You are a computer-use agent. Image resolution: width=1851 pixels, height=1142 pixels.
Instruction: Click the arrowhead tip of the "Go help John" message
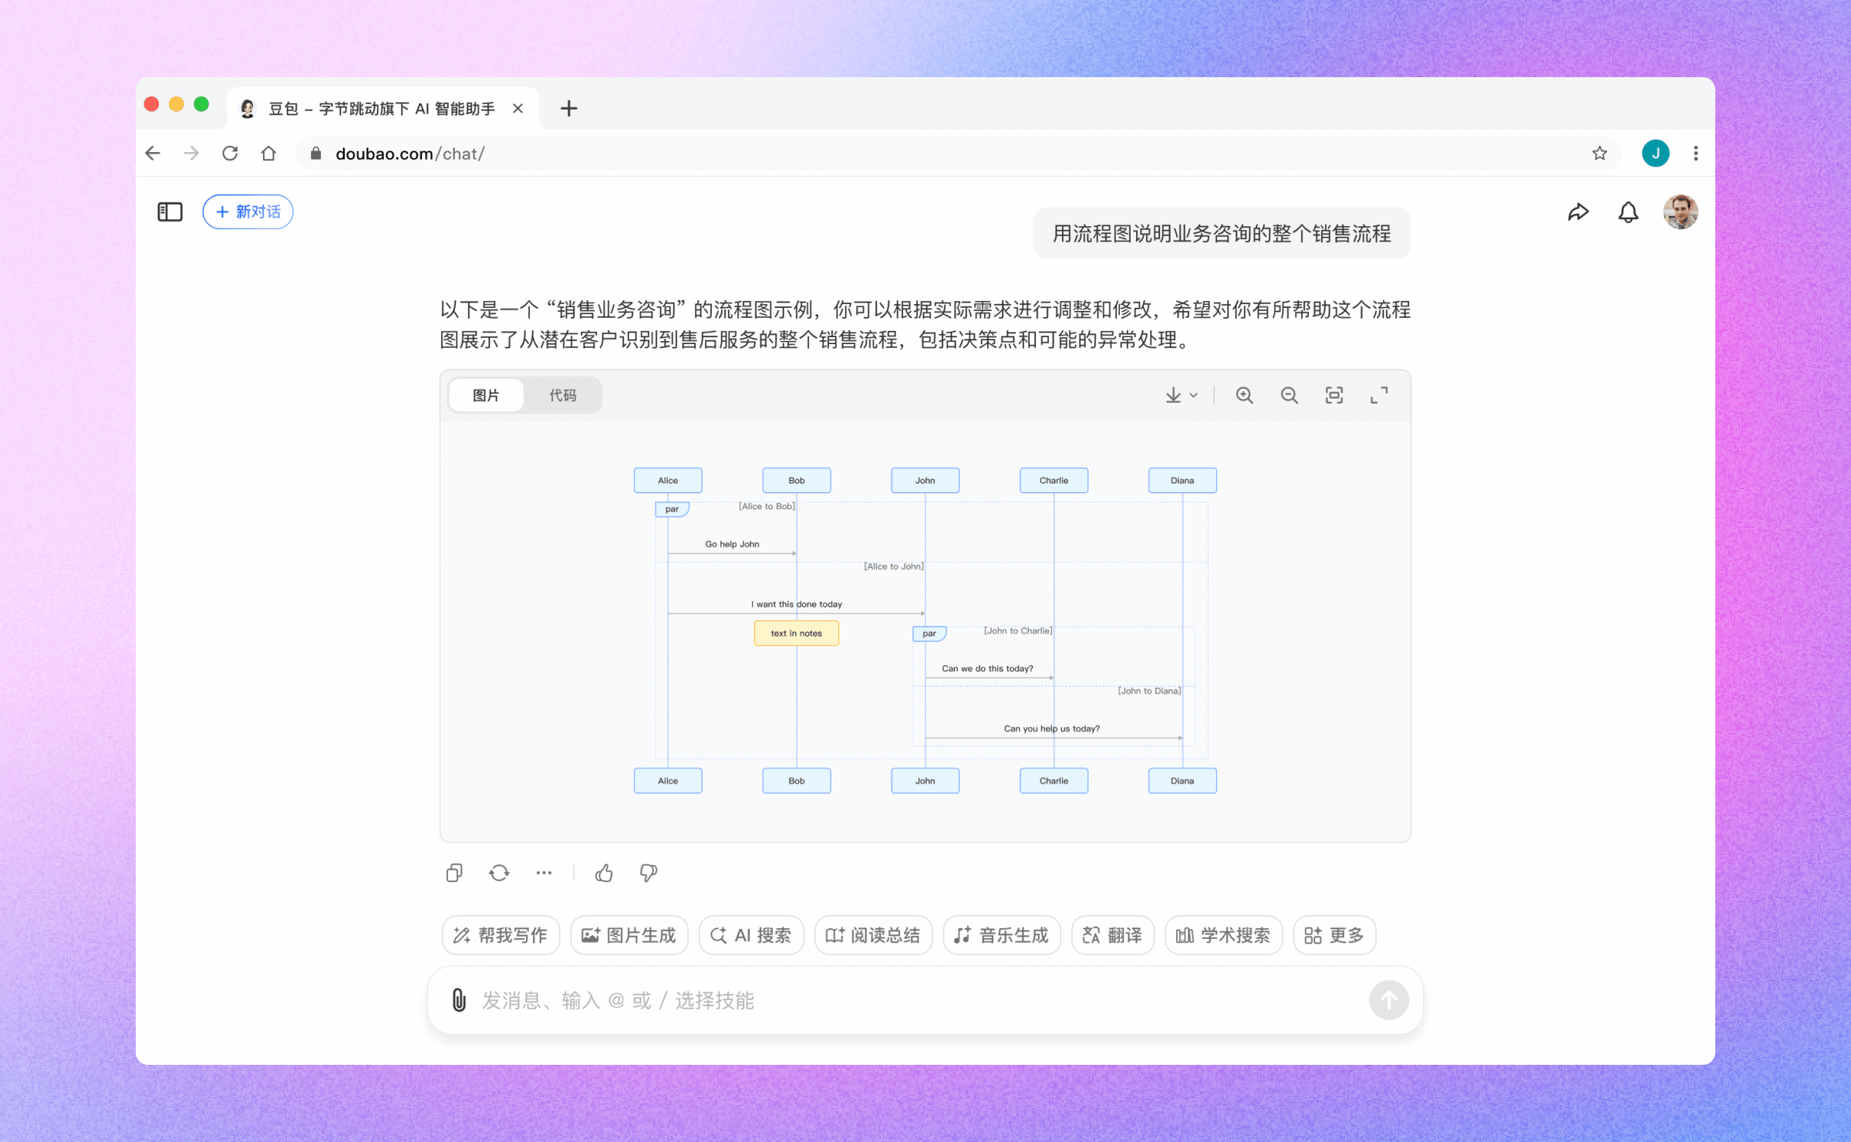click(797, 553)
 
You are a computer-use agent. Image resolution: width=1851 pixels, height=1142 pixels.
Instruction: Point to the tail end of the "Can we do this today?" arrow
click(925, 677)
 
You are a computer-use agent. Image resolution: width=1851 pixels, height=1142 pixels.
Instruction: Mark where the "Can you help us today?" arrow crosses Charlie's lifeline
click(1054, 738)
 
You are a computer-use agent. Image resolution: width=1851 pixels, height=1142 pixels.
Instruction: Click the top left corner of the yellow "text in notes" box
click(754, 621)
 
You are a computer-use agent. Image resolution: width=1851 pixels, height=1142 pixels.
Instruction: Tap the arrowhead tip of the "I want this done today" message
click(925, 613)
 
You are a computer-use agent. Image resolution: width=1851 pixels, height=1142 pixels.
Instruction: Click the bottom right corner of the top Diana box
click(1217, 492)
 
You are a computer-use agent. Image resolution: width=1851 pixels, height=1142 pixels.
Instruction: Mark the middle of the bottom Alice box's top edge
click(668, 769)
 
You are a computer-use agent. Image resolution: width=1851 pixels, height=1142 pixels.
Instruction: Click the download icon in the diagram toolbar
click(1173, 395)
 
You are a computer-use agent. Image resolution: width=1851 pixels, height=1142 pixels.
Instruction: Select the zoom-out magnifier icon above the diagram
click(1289, 395)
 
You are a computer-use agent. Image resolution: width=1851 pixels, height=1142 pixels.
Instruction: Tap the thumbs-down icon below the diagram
click(649, 873)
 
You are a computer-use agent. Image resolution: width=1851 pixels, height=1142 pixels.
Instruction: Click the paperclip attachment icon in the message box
click(459, 1000)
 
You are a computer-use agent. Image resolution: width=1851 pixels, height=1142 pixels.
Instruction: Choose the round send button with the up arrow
click(1388, 1000)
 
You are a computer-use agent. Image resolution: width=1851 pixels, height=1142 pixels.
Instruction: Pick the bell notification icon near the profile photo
click(1628, 212)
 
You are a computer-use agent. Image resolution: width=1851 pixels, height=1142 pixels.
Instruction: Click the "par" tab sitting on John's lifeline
click(929, 634)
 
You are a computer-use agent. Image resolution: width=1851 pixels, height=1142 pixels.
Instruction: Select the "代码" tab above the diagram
click(562, 395)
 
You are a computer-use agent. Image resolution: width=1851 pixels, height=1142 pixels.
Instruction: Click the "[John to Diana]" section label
click(1149, 691)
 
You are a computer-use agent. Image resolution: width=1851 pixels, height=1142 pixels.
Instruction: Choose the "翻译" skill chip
click(1112, 935)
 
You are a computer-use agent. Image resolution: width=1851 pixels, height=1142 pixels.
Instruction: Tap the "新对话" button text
click(258, 211)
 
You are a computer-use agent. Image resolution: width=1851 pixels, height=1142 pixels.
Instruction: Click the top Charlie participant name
click(1054, 480)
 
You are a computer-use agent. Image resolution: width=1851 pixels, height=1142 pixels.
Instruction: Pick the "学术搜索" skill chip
click(1223, 935)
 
